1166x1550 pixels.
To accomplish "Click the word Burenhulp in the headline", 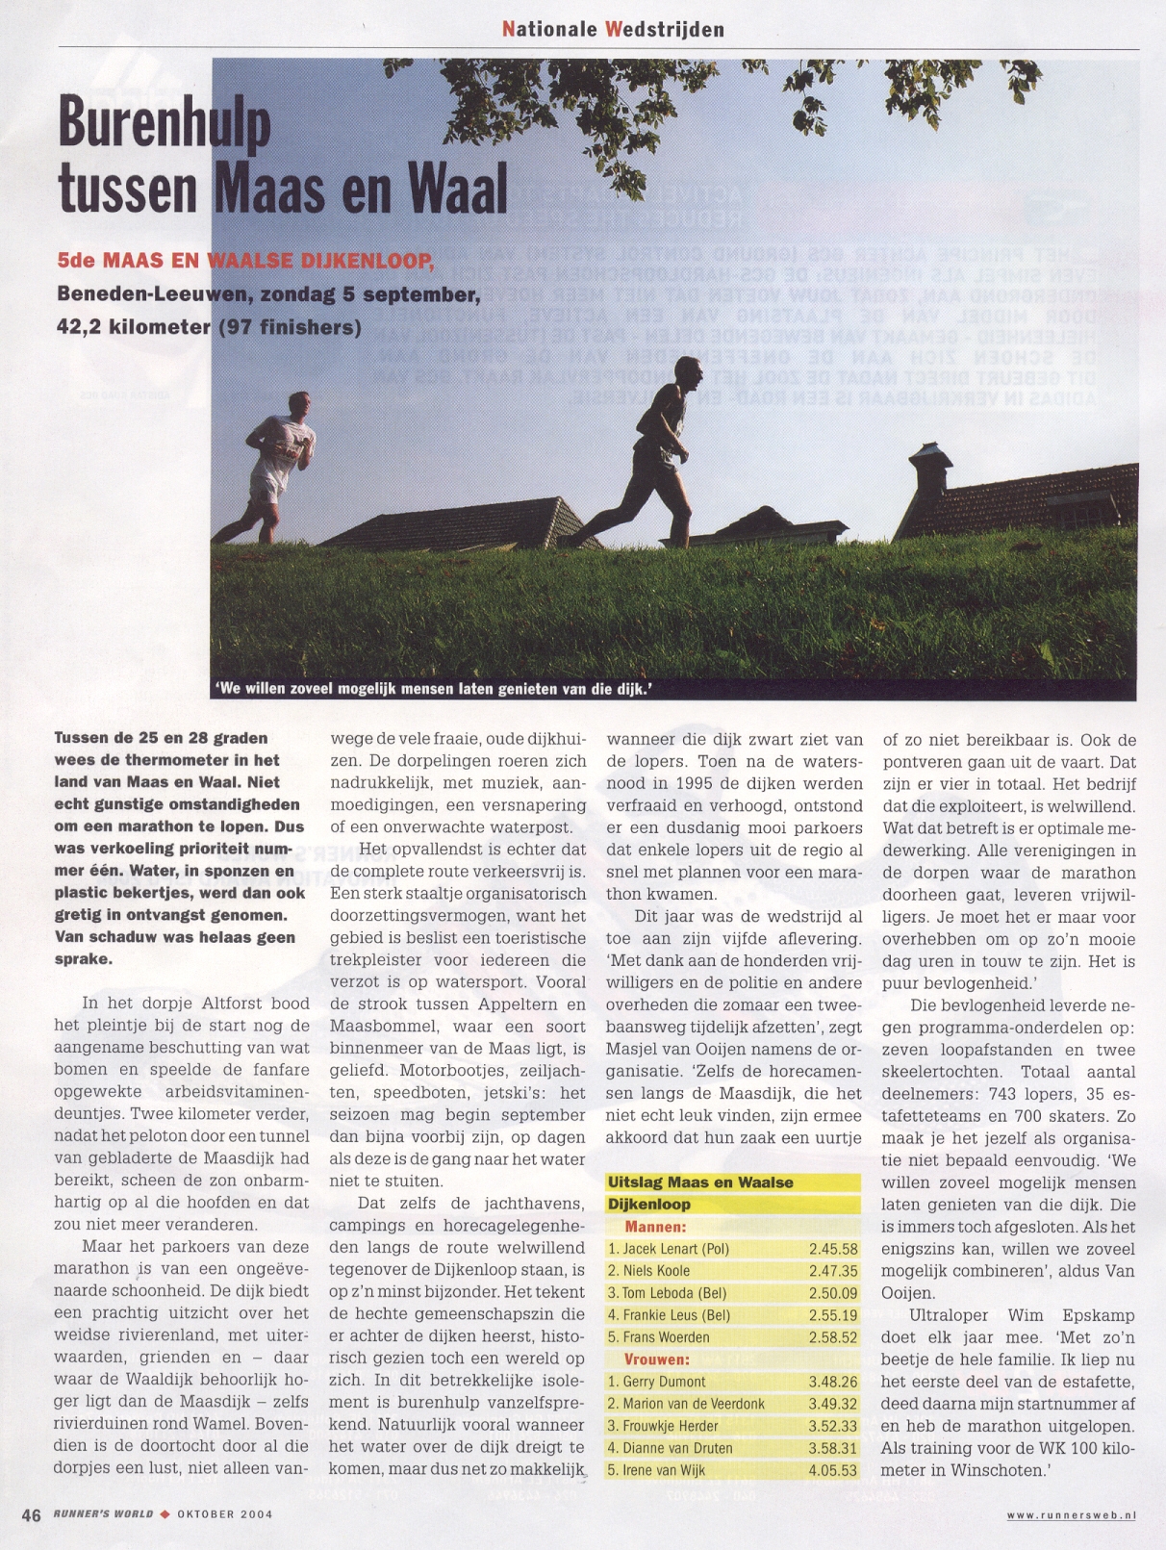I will tap(165, 124).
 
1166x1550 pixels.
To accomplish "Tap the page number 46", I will tap(32, 1515).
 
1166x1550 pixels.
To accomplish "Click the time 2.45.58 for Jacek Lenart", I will tap(832, 1249).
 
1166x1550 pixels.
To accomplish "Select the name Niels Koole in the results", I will tap(656, 1271).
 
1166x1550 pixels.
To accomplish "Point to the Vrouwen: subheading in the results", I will tap(656, 1359).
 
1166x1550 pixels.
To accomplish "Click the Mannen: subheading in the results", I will tap(655, 1227).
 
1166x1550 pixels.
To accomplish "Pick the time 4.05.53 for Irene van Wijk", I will tap(832, 1470).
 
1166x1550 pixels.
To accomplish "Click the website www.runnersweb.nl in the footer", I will tap(1071, 1515).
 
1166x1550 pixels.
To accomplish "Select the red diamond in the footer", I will tap(165, 1514).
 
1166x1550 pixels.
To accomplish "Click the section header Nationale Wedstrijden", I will tap(613, 29).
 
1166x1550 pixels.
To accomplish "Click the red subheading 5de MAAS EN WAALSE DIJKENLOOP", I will tap(245, 261).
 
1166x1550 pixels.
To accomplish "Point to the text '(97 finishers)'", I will tap(291, 327).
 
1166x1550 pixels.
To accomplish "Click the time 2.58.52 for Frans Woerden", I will tap(832, 1337).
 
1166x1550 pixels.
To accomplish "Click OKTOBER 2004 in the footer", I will tap(224, 1514).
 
